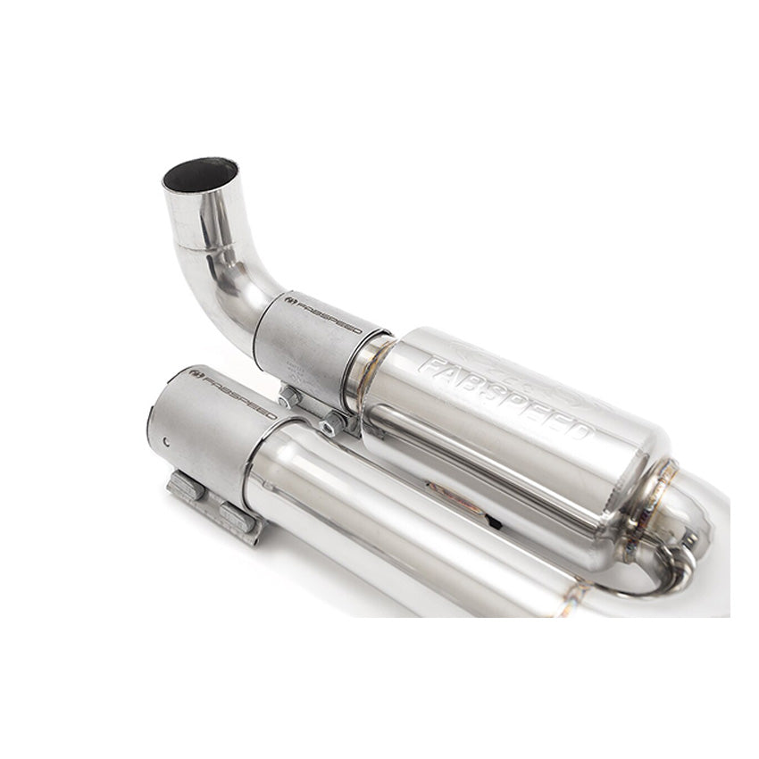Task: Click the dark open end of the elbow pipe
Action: click(x=200, y=174)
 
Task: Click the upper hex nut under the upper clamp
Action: click(x=290, y=396)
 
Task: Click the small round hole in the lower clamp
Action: click(x=168, y=439)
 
